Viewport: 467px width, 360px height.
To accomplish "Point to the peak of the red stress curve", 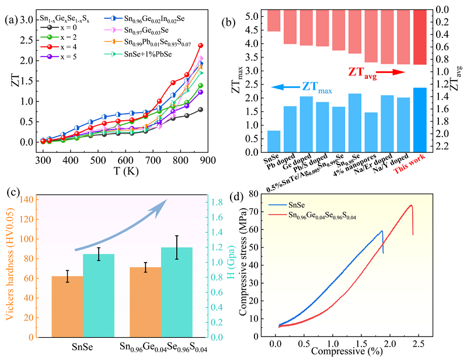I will (x=411, y=205).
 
